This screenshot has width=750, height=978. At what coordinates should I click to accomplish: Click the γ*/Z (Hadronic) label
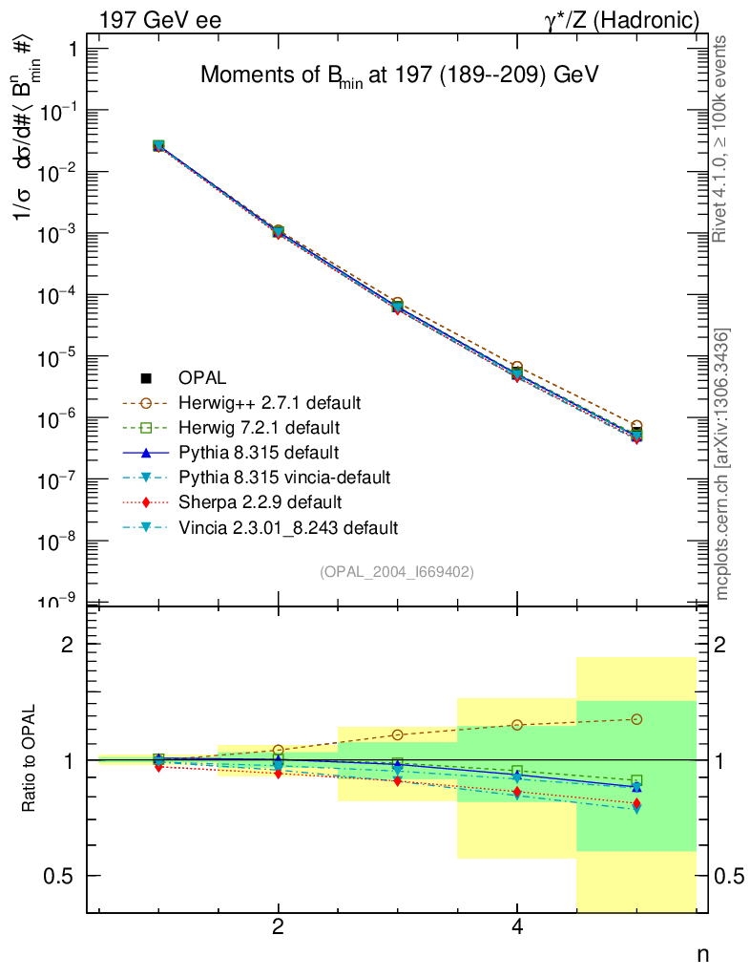tap(622, 20)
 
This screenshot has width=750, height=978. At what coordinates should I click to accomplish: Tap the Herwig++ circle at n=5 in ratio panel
tap(636, 719)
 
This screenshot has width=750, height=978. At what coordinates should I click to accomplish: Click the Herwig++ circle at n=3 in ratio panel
tap(397, 734)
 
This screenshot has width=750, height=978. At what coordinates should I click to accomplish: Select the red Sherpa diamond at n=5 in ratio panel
tap(636, 804)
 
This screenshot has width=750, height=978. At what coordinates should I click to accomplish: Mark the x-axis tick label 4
tap(516, 927)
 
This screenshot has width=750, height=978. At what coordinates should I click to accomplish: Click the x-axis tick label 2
tap(278, 927)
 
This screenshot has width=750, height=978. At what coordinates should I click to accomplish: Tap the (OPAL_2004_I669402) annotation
tap(396, 571)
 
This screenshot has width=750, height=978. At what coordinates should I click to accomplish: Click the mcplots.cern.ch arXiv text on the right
tap(723, 464)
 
